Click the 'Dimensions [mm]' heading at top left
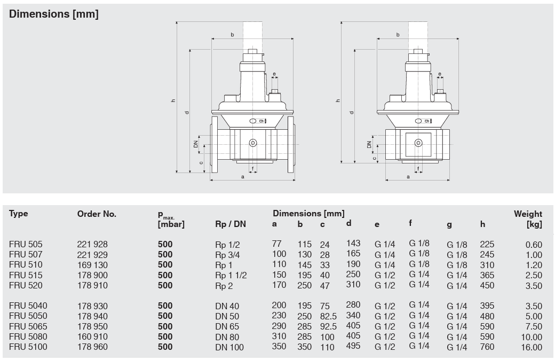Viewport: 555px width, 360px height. pyautogui.click(x=54, y=14)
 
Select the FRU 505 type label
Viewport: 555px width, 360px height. pyautogui.click(x=26, y=245)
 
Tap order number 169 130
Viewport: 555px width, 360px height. pyautogui.click(x=92, y=265)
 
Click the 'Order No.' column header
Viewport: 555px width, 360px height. pyautogui.click(x=97, y=214)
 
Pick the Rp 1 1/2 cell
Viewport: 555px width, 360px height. pyautogui.click(x=231, y=275)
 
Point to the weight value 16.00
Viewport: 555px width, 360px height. pyautogui.click(x=532, y=347)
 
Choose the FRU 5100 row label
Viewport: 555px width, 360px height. pyautogui.click(x=28, y=347)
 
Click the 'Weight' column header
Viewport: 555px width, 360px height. pyautogui.click(x=528, y=214)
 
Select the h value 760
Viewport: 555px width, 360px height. pyautogui.click(x=487, y=347)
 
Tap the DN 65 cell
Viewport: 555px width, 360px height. pyautogui.click(x=227, y=327)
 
